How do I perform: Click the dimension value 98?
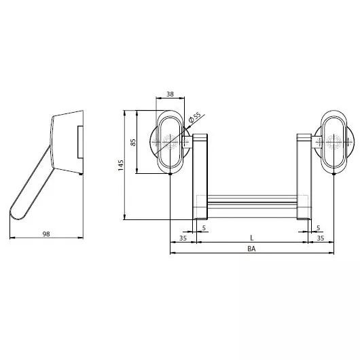pos(46,234)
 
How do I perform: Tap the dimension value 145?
pos(121,165)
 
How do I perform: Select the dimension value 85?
pos(133,142)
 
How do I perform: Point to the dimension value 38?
pos(170,94)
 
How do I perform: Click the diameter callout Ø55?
pos(194,118)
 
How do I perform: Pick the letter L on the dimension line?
pos(252,238)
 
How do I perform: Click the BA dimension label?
pos(251,249)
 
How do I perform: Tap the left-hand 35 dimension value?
pos(183,238)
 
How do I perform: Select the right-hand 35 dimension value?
pos(321,238)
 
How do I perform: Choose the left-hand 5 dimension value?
pos(204,228)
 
